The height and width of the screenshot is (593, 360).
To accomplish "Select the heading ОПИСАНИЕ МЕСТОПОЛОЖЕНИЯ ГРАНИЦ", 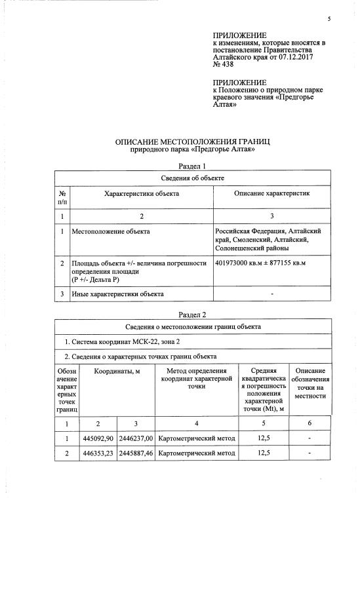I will (193, 142).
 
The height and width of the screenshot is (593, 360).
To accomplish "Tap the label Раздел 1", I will (192, 166).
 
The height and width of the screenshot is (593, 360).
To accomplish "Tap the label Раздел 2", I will (192, 315).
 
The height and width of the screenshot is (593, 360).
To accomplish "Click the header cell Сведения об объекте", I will (192, 178).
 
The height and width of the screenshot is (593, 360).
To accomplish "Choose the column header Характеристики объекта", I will (142, 194).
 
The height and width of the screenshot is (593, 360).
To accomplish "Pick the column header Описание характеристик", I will (271, 194).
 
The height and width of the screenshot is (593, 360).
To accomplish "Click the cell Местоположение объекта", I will (111, 231).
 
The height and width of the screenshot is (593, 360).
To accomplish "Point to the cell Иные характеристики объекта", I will (117, 294).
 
